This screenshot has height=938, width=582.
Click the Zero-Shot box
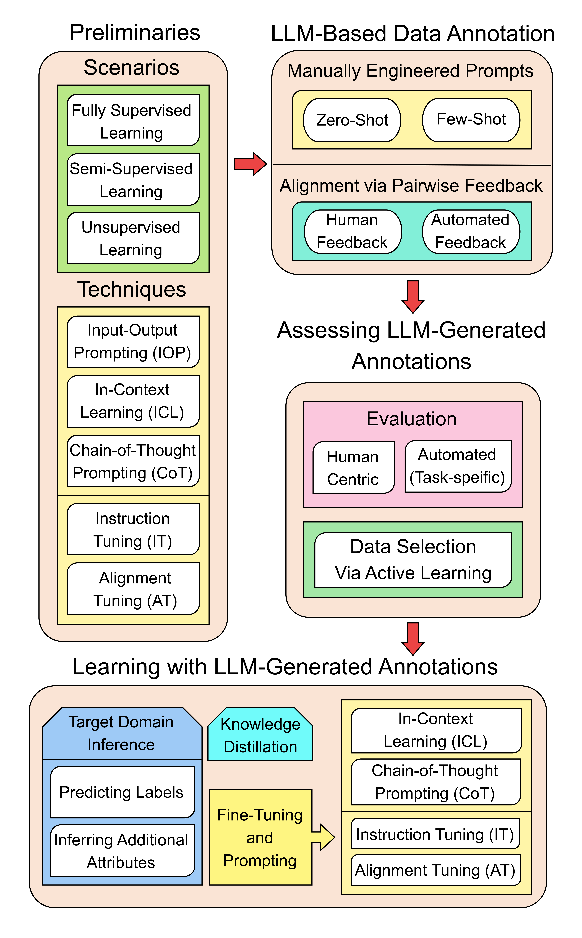click(352, 120)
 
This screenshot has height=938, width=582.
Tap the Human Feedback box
click(353, 232)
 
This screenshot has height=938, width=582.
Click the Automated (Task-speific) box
click(458, 466)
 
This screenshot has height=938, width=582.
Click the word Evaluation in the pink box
click(411, 419)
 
